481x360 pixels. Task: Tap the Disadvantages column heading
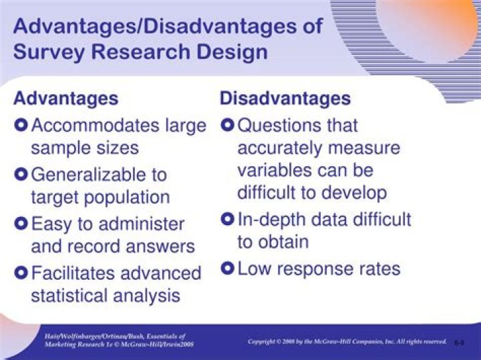click(285, 98)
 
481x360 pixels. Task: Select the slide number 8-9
click(459, 343)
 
